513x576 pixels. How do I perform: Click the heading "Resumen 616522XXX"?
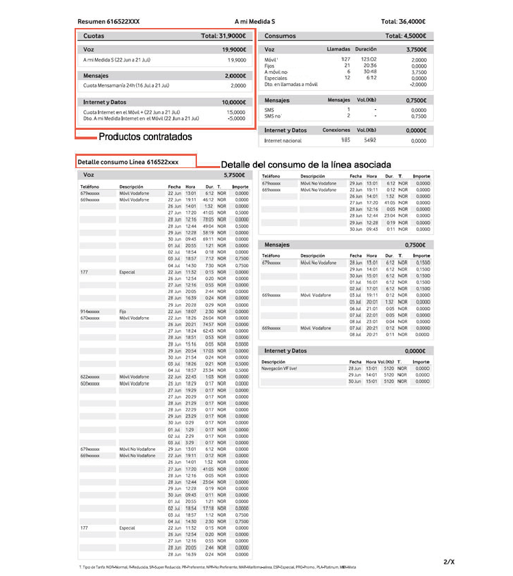[x=109, y=22]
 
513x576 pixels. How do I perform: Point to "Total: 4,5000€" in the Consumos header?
[x=406, y=36]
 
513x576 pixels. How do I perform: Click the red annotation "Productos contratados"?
[x=146, y=137]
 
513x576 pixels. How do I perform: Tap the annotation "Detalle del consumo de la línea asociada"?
[x=306, y=165]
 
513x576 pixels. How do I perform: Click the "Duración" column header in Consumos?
[x=366, y=50]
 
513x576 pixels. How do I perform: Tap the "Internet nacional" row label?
[x=282, y=141]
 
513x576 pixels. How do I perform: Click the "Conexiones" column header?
[x=337, y=130]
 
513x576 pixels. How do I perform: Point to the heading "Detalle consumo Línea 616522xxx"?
[x=129, y=163]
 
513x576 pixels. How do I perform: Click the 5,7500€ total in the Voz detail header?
[x=234, y=175]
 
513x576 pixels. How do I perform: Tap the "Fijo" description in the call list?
[x=124, y=311]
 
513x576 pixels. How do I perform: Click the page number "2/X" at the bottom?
[x=448, y=561]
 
